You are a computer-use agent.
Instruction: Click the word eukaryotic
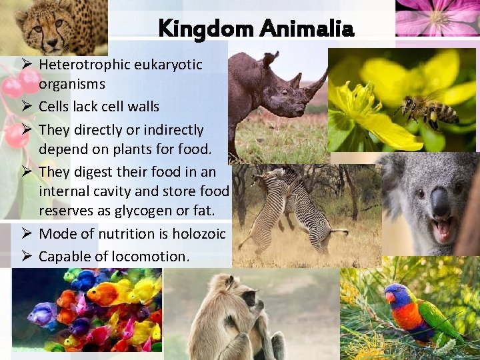click(x=169, y=65)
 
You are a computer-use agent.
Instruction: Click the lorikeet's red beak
click(x=389, y=298)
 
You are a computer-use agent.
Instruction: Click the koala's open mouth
click(x=441, y=229)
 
